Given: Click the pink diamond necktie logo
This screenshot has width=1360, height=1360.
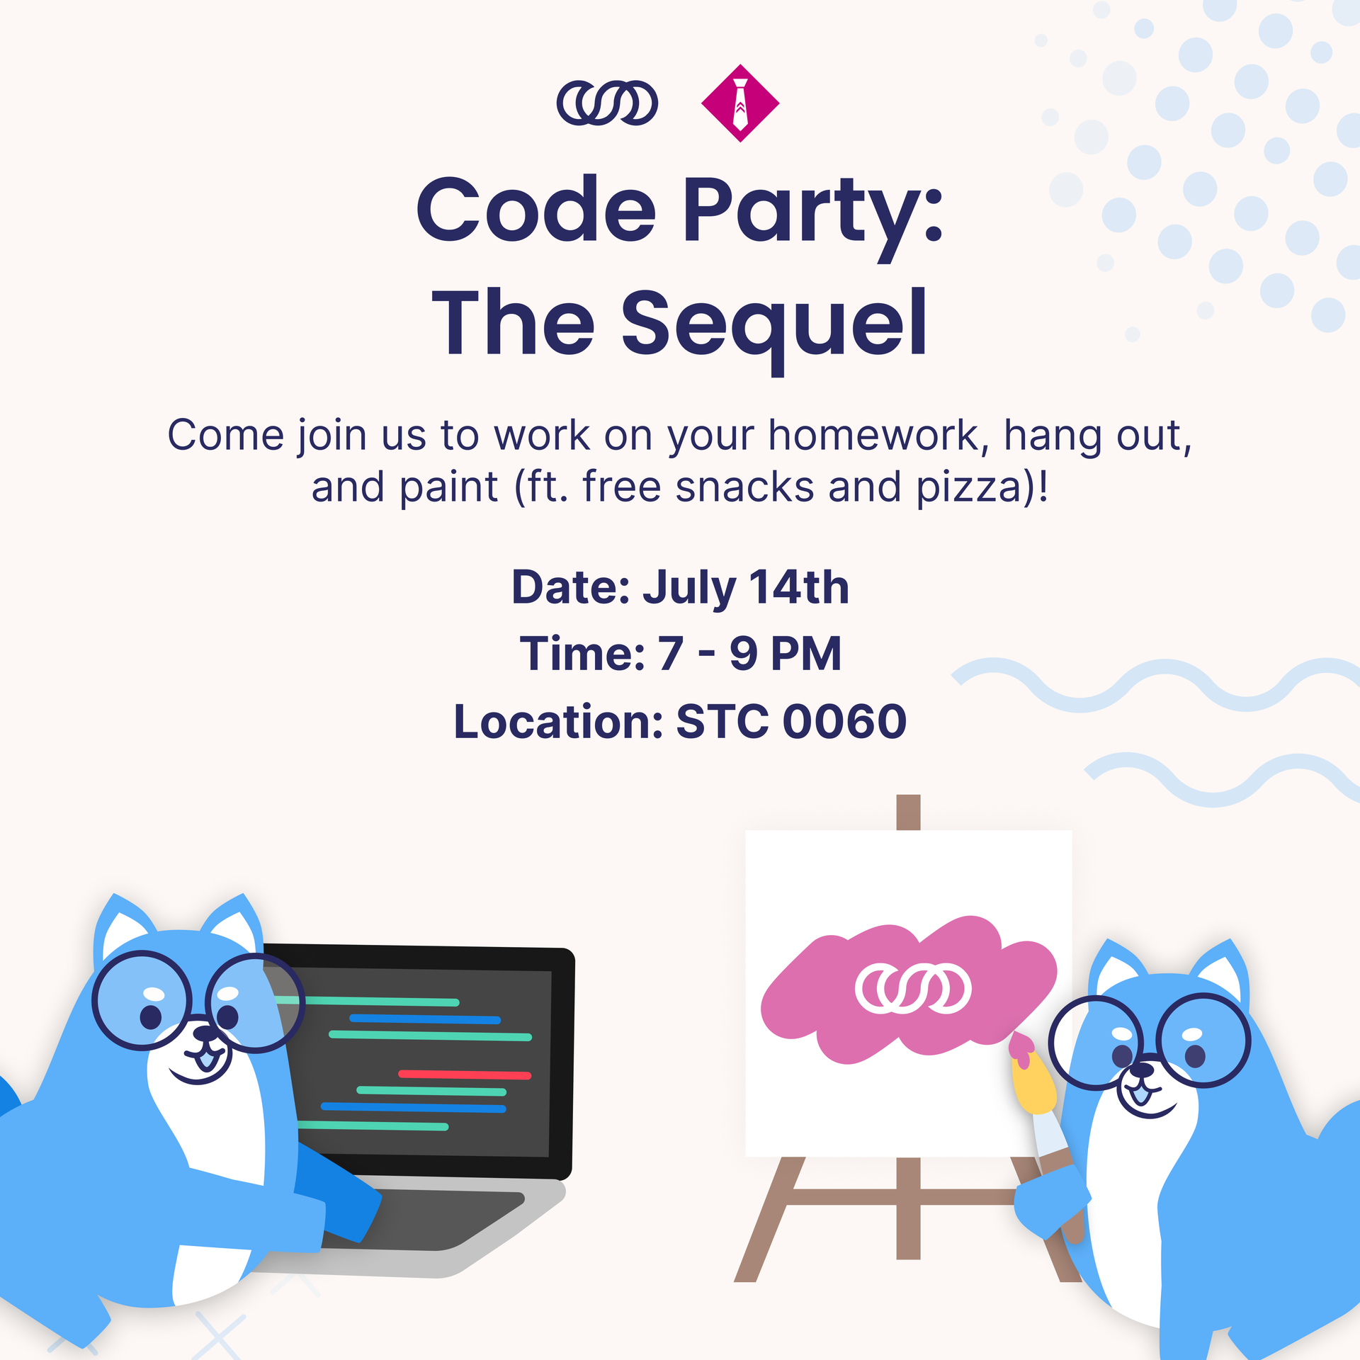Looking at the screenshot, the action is point(740,103).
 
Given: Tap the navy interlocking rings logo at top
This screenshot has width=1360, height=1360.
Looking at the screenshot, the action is point(607,103).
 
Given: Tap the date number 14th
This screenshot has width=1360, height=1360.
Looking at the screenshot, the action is point(799,587).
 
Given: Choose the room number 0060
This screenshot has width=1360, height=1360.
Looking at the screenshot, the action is point(844,721).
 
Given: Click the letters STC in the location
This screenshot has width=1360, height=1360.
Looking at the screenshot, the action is point(722,721).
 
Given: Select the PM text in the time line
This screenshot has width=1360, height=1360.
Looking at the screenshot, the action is point(806,653).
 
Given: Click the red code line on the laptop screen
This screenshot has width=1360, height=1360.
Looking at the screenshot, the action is point(465,1075).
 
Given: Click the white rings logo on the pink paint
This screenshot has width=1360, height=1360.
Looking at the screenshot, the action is point(913,989).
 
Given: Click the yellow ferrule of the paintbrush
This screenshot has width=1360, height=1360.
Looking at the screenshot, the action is point(1034,1083).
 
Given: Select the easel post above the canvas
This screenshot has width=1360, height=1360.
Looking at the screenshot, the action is point(908,812).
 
